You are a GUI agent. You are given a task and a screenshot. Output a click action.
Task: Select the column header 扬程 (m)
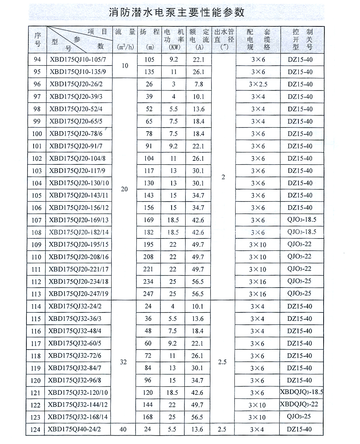(149, 39)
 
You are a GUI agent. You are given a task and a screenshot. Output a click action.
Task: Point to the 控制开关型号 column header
(302, 39)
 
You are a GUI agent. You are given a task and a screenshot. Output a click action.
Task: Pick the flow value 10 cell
(125, 66)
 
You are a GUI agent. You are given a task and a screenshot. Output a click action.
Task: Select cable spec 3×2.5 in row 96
(258, 84)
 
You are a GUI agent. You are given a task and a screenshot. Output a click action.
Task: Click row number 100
(37, 134)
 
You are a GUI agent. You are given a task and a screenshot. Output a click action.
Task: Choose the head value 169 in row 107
(149, 220)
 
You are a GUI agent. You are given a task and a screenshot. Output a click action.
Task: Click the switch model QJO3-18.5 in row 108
(302, 232)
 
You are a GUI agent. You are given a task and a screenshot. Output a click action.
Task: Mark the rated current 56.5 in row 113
(198, 294)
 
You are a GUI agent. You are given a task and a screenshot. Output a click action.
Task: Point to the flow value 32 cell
(123, 362)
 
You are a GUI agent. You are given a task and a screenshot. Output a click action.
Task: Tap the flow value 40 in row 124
(123, 430)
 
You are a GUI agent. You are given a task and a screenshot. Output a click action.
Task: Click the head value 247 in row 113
(148, 294)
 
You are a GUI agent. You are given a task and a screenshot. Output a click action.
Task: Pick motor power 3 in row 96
(174, 84)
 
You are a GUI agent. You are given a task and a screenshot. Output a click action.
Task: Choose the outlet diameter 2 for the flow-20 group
(223, 177)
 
